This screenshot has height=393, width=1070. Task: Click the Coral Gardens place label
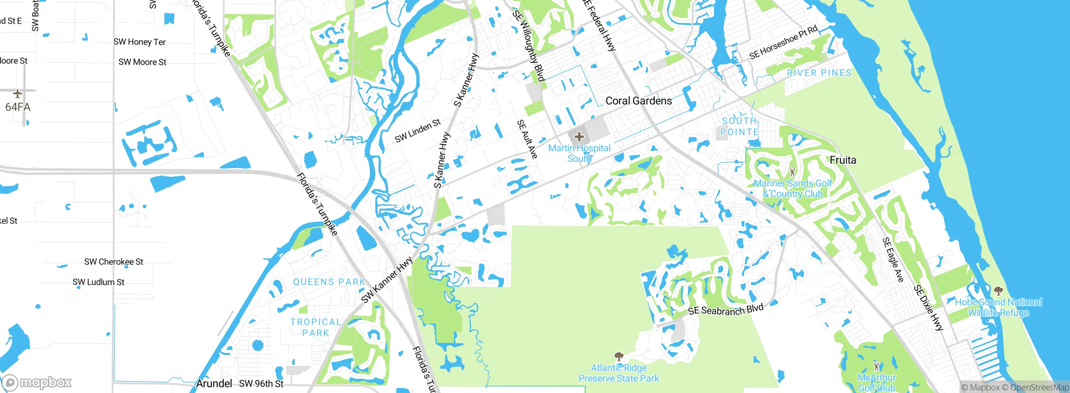[639, 101]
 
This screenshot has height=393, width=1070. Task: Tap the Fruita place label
[843, 160]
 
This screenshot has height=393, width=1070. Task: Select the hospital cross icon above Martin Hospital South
[579, 137]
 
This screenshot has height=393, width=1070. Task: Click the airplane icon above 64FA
[17, 93]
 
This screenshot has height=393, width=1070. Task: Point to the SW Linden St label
[418, 130]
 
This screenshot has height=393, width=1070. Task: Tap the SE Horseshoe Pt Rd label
[783, 42]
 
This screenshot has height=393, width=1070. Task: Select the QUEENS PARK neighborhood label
[329, 282]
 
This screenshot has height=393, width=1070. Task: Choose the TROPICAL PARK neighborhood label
[316, 327]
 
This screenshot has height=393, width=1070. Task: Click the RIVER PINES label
[819, 73]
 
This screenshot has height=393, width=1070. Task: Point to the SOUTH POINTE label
[739, 126]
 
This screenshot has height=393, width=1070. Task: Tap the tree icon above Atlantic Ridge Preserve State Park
[619, 357]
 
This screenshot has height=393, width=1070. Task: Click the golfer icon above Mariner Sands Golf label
[792, 172]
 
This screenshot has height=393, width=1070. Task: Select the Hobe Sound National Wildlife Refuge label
[998, 307]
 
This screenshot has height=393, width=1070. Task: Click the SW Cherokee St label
[114, 262]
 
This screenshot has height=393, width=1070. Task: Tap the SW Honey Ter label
[140, 42]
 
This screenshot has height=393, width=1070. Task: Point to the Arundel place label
[214, 383]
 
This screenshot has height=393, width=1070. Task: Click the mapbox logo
[37, 382]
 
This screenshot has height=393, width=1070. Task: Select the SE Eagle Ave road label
[893, 260]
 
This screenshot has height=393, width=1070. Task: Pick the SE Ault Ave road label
[527, 139]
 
